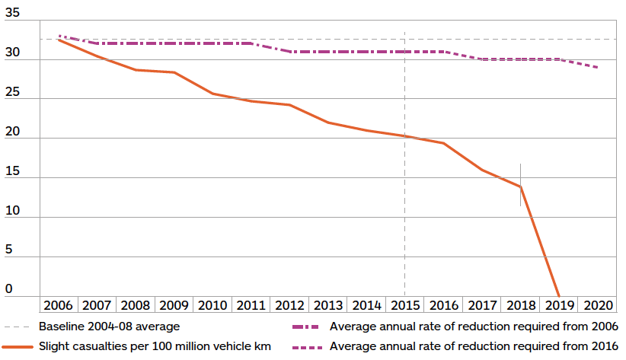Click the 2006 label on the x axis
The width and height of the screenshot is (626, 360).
[59, 305]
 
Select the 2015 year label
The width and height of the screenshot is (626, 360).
[405, 305]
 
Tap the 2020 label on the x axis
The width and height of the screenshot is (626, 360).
[598, 305]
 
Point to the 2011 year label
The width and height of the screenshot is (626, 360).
[251, 305]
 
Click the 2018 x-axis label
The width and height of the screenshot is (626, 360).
[521, 305]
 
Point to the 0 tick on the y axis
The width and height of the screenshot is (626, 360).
[9, 289]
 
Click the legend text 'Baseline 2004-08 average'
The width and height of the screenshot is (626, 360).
[109, 327]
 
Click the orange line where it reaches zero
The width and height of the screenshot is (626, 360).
[559, 295]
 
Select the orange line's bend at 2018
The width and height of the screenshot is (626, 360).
[521, 186]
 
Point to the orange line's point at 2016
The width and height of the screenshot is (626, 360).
[443, 143]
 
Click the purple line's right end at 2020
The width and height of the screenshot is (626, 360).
[598, 68]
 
